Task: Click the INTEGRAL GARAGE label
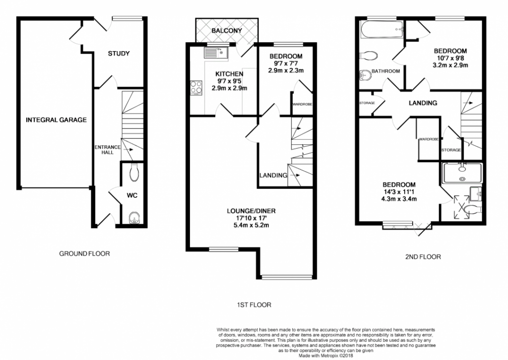point(56,120)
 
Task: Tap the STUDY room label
point(119,53)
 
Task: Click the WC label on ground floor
point(131,195)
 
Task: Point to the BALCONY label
point(227,31)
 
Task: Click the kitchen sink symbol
point(216,52)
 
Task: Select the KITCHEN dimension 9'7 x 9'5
point(229,81)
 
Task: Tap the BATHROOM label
point(386,71)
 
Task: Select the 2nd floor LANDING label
point(423,103)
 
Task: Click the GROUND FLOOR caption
point(84,253)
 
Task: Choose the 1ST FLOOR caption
point(254,305)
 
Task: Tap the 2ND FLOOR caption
point(422,257)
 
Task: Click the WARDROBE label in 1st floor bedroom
point(302,104)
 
